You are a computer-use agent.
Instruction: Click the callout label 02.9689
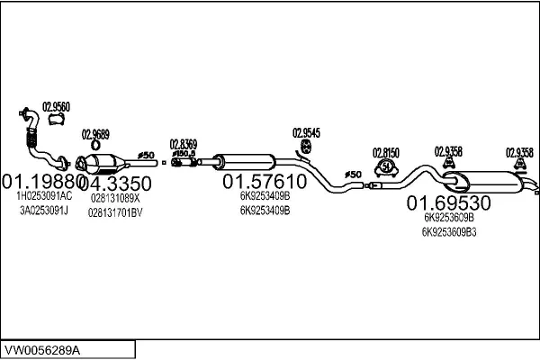95,135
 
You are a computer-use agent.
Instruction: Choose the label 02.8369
184,142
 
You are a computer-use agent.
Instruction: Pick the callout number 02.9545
306,133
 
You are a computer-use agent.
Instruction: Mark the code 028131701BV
115,212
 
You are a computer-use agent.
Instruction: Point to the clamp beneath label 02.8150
386,167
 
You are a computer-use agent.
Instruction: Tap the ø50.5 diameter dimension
184,153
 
